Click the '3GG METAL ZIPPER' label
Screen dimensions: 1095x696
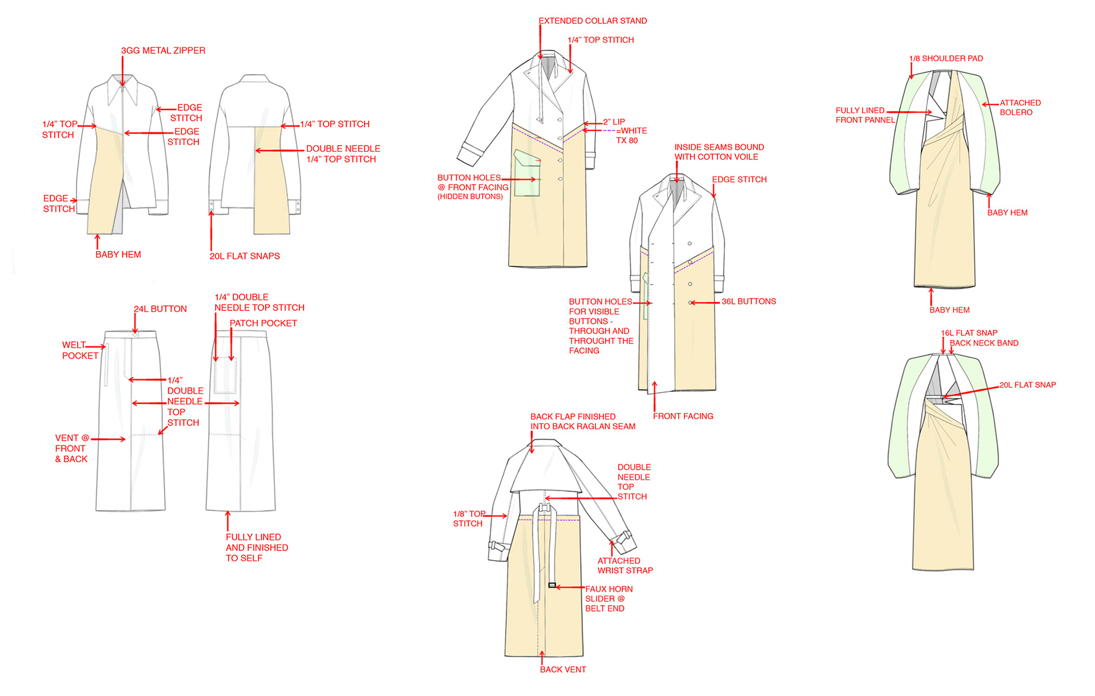tap(163, 51)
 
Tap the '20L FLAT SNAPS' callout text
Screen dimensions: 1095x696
tap(245, 256)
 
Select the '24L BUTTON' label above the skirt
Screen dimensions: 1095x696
tap(160, 309)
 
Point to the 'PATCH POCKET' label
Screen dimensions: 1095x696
tap(263, 323)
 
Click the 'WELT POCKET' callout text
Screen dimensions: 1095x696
tap(80, 350)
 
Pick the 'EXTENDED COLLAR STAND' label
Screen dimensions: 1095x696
tap(593, 21)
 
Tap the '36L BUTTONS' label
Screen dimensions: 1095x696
tap(749, 301)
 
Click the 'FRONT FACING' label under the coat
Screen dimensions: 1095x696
tap(683, 416)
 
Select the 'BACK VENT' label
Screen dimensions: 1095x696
tap(563, 669)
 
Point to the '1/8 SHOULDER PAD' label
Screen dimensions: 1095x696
tap(946, 58)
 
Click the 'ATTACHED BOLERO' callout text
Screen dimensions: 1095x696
tap(1020, 107)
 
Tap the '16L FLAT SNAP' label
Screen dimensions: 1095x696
tap(969, 333)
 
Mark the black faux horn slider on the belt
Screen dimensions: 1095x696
tap(552, 585)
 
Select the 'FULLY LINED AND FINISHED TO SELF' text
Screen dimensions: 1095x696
tap(257, 547)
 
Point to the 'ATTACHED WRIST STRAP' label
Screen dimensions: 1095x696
tap(625, 565)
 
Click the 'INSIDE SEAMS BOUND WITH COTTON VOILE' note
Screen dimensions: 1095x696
tap(719, 152)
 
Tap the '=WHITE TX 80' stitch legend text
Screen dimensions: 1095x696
tap(630, 135)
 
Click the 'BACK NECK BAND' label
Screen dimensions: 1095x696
tap(984, 343)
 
